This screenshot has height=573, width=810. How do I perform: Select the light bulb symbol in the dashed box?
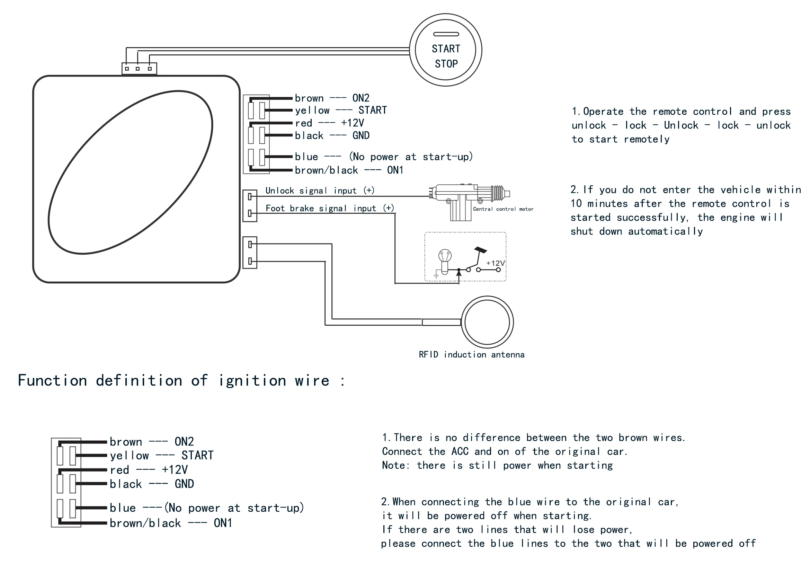(445, 261)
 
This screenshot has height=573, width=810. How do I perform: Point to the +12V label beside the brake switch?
(495, 263)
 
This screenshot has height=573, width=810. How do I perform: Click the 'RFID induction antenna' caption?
(471, 355)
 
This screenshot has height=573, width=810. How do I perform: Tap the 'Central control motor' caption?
(503, 209)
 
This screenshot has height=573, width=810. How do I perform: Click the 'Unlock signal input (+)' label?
(320, 191)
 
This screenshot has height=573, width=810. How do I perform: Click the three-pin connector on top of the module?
(139, 69)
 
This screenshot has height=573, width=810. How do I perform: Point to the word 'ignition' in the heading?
(252, 381)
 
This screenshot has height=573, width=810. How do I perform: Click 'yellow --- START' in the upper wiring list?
(341, 111)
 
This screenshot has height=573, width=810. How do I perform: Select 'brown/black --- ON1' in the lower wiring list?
(171, 523)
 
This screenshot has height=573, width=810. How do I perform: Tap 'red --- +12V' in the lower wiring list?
(149, 470)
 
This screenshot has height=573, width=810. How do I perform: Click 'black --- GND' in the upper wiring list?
(332, 135)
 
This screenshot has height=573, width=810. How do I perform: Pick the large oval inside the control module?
(130, 172)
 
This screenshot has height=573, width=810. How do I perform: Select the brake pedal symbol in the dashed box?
(481, 250)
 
